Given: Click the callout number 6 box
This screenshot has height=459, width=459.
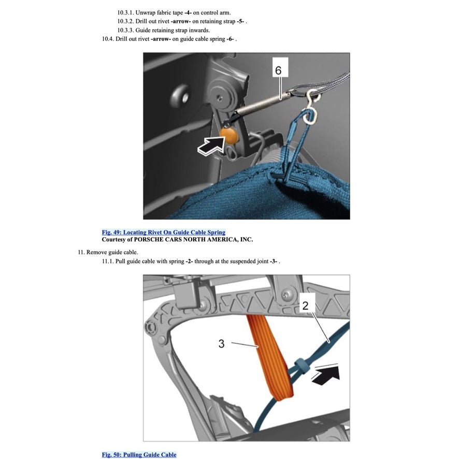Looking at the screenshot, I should click(x=278, y=70).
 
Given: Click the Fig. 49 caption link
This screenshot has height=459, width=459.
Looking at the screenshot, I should click(x=163, y=232).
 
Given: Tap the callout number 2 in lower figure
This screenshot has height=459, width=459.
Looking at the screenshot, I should click(x=305, y=306).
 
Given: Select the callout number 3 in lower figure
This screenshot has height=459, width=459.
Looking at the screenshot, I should click(x=221, y=343).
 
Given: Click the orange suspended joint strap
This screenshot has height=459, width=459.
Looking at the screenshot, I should click(x=269, y=357).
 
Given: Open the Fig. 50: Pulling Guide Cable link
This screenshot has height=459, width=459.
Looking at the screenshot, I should click(x=139, y=454).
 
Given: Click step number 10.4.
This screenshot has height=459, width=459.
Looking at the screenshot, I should click(x=108, y=39).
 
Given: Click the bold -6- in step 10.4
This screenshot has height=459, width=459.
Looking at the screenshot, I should click(x=230, y=39).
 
